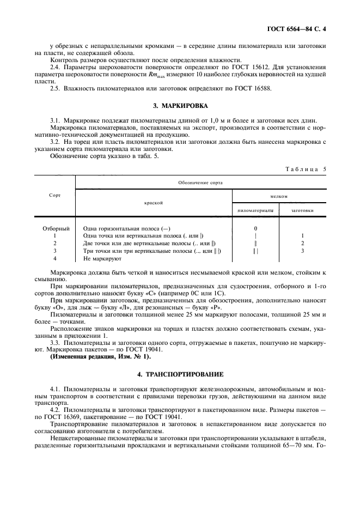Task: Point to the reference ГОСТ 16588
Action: [x=252, y=88]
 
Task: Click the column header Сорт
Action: [x=54, y=195]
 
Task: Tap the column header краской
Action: [x=154, y=202]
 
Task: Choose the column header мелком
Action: [x=279, y=196]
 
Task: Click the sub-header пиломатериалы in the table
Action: [x=255, y=209]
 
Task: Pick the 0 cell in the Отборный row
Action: [x=255, y=228]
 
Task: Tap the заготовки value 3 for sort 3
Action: [x=303, y=251]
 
